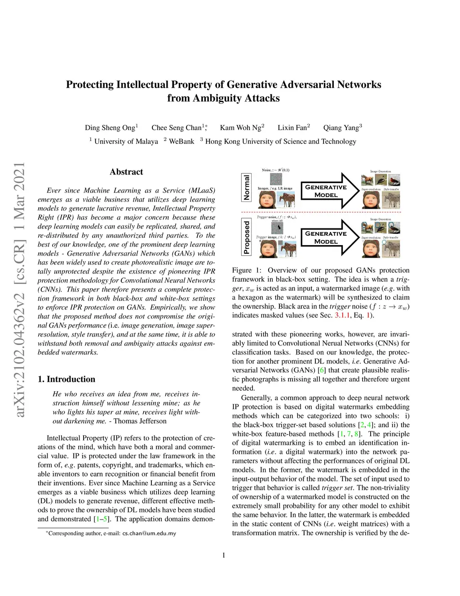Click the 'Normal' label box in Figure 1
pyautogui.click(x=246, y=187)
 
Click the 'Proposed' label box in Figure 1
pyautogui.click(x=246, y=237)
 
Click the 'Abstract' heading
pyautogui.click(x=126, y=172)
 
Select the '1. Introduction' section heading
pyautogui.click(x=66, y=379)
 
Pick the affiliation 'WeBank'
pyautogui.click(x=181, y=141)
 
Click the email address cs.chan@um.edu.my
pyautogui.click(x=149, y=533)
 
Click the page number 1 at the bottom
pyautogui.click(x=224, y=555)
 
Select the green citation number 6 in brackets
pyautogui.click(x=321, y=370)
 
